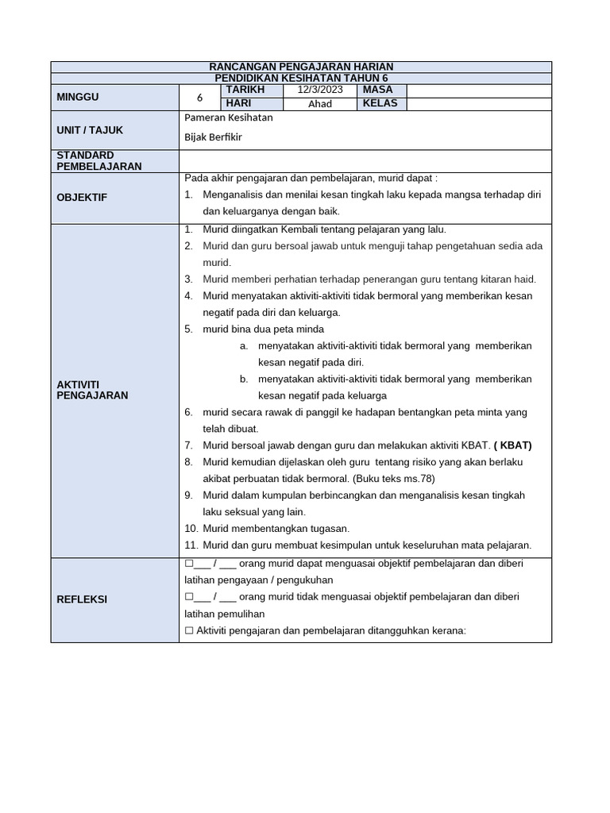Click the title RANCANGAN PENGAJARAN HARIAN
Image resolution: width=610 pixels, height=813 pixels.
[x=301, y=67]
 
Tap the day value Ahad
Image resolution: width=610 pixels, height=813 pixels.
[x=320, y=104]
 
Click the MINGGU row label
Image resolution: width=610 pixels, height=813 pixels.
[x=77, y=97]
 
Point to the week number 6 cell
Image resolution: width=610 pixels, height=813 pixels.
[x=200, y=98]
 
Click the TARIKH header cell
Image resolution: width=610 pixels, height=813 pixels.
[x=245, y=91]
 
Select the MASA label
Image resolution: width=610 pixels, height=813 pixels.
[x=377, y=91]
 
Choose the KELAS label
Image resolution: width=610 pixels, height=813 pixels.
[x=380, y=103]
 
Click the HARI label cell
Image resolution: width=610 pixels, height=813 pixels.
[x=238, y=103]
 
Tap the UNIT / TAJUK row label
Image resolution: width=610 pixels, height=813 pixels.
[x=90, y=130]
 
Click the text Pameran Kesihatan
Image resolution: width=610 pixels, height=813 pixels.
[x=228, y=118]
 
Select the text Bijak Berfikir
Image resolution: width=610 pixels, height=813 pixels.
[x=213, y=137]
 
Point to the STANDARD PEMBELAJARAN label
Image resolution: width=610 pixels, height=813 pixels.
[x=99, y=160]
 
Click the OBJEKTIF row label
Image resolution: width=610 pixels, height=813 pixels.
[x=82, y=197]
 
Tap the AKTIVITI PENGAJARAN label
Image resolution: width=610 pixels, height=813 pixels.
[x=92, y=389]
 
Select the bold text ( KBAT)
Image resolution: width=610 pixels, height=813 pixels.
[x=512, y=445]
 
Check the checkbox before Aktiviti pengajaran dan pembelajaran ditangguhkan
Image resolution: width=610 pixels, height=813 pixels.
[x=189, y=630]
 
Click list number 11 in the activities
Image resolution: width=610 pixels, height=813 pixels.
[x=191, y=545]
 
